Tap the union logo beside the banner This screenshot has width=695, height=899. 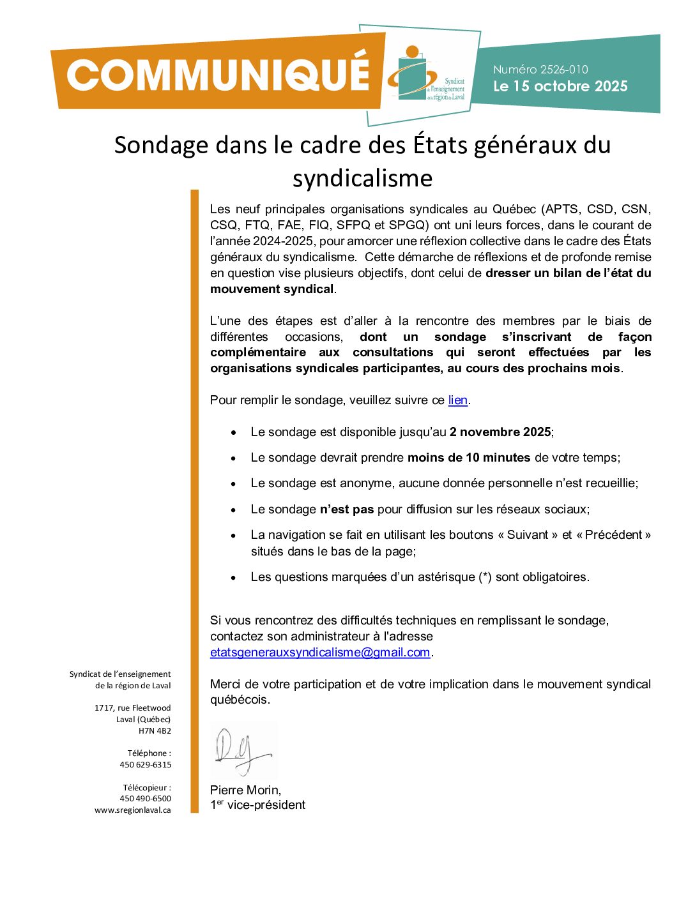tap(425, 75)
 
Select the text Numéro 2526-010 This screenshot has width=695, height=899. tap(540, 70)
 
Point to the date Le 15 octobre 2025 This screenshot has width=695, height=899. tap(560, 86)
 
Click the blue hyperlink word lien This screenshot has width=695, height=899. tap(457, 400)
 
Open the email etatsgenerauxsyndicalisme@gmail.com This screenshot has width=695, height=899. tap(320, 652)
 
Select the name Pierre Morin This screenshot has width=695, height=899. tap(245, 790)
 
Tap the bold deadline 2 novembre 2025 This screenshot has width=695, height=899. tap(500, 432)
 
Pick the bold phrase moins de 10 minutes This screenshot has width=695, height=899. tap(469, 458)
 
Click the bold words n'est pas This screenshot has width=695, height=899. tap(346, 510)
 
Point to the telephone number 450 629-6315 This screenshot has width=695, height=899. tap(146, 764)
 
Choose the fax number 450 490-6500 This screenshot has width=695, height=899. tap(146, 798)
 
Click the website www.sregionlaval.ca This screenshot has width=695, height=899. tap(133, 810)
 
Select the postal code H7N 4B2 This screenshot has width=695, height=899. tap(155, 730)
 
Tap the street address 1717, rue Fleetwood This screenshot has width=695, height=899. tap(133, 707)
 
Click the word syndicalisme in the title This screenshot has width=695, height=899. tap(362, 178)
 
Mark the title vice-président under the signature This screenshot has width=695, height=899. tap(266, 805)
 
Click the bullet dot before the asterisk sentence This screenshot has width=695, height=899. tap(234, 578)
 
